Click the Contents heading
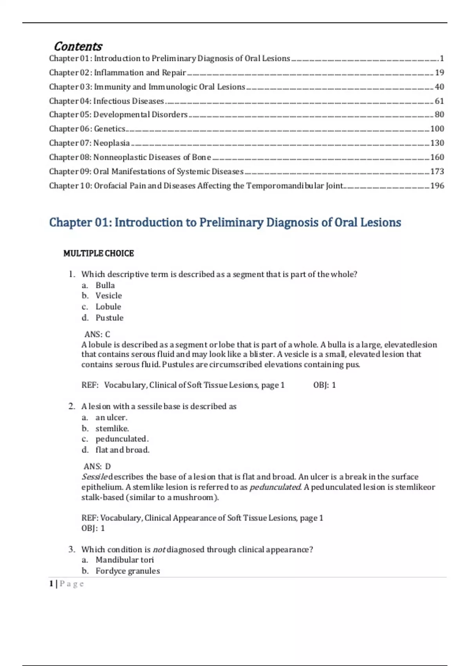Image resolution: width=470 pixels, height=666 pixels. (x=78, y=46)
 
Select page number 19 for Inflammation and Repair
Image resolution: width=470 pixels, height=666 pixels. (x=439, y=72)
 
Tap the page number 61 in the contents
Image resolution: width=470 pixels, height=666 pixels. (x=439, y=101)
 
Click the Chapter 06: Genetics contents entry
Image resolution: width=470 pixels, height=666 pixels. (x=87, y=129)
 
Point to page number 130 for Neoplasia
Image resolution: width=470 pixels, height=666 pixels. (x=437, y=143)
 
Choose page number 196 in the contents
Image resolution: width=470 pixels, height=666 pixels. (x=437, y=186)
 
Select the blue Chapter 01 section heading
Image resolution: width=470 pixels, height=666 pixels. (x=225, y=223)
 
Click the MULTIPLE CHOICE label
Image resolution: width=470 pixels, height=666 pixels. (x=99, y=253)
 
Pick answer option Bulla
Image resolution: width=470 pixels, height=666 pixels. (x=105, y=285)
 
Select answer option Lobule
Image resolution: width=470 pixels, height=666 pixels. (x=108, y=307)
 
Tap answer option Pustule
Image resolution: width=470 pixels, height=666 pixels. (x=109, y=318)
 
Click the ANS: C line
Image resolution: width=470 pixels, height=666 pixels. (x=97, y=334)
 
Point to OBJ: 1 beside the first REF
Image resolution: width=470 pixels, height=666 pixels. (x=324, y=385)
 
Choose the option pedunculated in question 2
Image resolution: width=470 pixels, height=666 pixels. (x=122, y=439)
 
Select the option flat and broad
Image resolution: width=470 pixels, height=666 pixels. (x=122, y=450)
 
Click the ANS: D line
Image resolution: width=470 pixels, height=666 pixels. (x=97, y=466)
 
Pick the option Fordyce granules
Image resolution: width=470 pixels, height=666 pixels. (x=128, y=571)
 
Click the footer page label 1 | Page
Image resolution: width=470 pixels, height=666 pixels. (x=67, y=584)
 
